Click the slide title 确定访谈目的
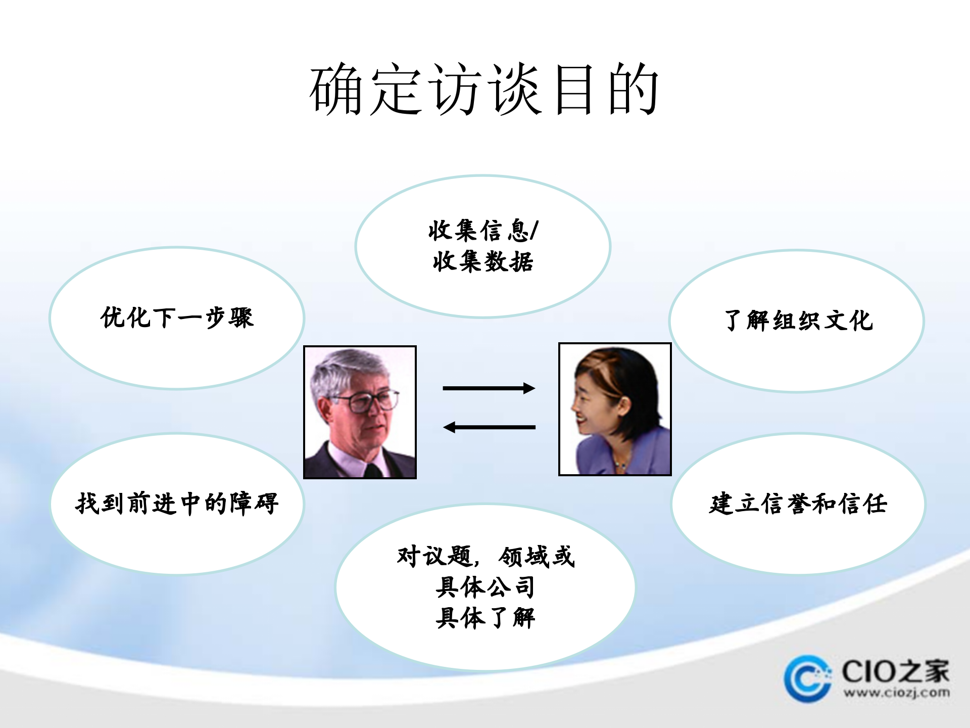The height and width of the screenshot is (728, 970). [484, 90]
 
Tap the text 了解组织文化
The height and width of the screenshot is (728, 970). [798, 321]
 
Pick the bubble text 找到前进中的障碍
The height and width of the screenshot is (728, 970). [177, 504]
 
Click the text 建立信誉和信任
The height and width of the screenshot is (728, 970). [798, 504]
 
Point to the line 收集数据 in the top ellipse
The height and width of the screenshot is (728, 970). [483, 262]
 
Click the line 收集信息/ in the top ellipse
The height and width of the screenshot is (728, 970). [483, 231]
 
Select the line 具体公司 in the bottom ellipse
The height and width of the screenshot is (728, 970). [485, 586]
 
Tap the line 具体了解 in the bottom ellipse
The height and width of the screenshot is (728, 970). [485, 618]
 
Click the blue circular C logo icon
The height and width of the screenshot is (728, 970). [807, 678]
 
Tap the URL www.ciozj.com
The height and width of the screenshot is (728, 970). [896, 693]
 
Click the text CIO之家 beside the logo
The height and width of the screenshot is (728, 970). [895, 671]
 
